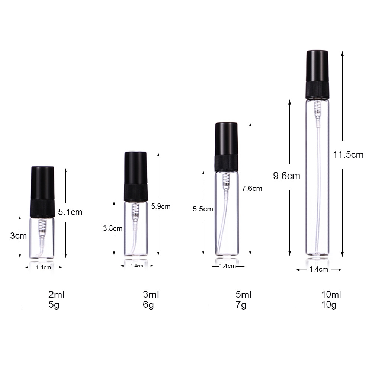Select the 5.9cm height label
[161, 206]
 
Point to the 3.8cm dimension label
[113, 228]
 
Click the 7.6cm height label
[252, 188]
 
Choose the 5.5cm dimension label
[203, 209]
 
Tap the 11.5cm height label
[348, 155]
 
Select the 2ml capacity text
[57, 295]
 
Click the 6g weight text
[148, 305]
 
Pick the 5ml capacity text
[244, 295]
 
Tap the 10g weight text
[329, 305]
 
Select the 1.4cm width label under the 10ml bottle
[319, 269]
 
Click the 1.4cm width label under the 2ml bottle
[44, 267]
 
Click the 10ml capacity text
[331, 295]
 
